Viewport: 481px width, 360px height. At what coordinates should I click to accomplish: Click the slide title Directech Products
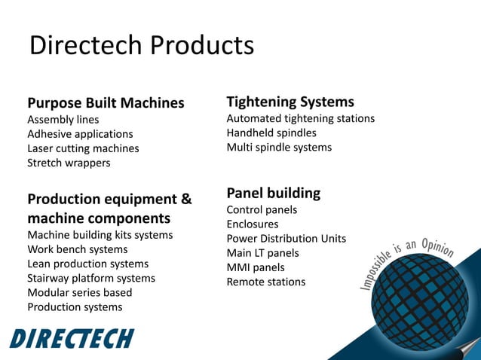point(141,46)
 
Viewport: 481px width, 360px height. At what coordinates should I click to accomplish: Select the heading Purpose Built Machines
point(106,103)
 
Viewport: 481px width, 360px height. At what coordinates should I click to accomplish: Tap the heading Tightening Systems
point(290,102)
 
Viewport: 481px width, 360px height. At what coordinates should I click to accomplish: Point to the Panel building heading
point(273,193)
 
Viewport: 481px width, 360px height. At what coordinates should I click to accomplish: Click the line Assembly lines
point(63,120)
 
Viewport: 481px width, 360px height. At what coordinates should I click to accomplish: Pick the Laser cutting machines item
point(83,148)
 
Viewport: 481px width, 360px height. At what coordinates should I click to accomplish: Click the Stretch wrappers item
point(69,163)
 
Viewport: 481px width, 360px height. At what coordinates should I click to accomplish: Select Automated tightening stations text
point(300,118)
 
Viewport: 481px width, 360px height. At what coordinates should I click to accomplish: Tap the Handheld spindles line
point(271,133)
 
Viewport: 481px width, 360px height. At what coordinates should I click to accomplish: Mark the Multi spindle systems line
point(279,147)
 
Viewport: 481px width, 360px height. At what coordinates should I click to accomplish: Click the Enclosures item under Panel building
point(253,224)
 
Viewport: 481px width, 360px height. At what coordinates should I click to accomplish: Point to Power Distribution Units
point(286,239)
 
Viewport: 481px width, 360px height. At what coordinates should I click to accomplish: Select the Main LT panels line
point(262,253)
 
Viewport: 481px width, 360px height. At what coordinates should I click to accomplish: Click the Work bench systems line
point(78,249)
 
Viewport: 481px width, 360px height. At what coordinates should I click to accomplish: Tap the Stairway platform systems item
point(91,278)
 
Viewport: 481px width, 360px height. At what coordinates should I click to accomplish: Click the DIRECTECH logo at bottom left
point(72,338)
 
